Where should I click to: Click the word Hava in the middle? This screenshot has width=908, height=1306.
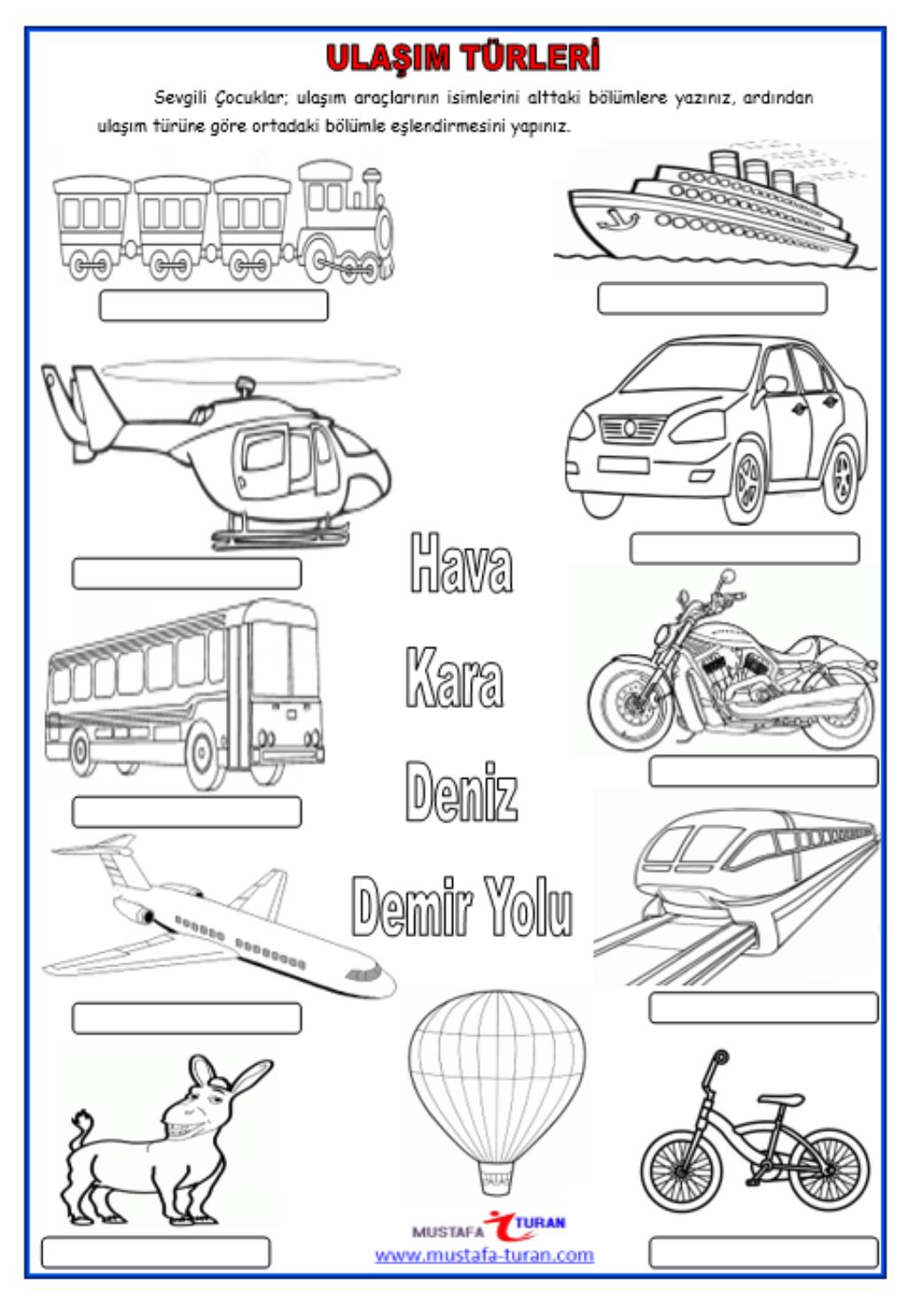click(461, 563)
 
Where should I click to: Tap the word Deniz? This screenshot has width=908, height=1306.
click(461, 791)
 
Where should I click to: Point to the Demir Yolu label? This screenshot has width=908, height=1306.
click(462, 906)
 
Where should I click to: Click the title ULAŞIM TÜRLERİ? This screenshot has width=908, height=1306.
click(463, 58)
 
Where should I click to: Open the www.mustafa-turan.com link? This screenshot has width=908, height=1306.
click(484, 1255)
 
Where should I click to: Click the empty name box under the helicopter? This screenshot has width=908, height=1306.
click(186, 574)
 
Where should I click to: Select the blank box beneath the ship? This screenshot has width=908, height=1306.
click(712, 298)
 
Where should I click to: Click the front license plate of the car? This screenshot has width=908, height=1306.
click(623, 465)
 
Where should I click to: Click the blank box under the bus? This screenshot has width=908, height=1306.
click(186, 812)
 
